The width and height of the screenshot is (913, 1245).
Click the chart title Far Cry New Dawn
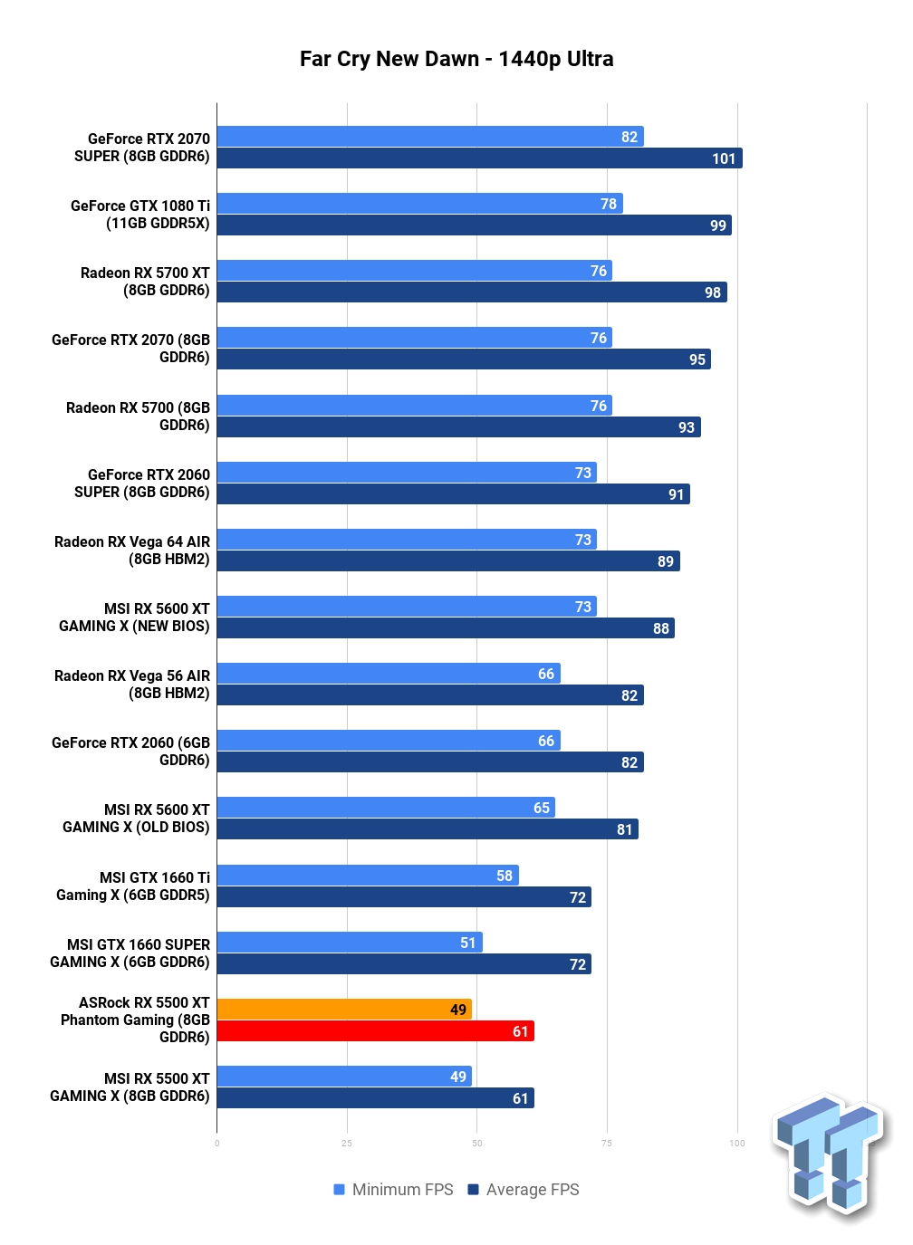[x=389, y=58]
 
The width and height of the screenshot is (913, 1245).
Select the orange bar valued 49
[x=344, y=1009]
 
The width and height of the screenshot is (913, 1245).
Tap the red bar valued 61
[x=375, y=1031]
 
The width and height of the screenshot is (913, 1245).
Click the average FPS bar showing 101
[x=479, y=158]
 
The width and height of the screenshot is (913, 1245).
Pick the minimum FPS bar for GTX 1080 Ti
[x=419, y=204]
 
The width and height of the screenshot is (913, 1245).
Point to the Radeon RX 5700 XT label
[x=145, y=282]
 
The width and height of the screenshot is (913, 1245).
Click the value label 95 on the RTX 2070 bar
[x=697, y=359]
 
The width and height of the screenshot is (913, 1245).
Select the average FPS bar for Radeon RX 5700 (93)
[x=458, y=426]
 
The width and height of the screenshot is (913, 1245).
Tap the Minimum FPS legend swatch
[x=339, y=1189]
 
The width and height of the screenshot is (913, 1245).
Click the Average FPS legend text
[x=532, y=1190]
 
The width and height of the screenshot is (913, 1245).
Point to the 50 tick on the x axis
[x=476, y=1143]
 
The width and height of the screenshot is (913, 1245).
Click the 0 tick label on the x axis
[x=216, y=1143]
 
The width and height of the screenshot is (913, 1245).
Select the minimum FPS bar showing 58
[x=368, y=875]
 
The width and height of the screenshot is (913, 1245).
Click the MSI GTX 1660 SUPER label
[x=130, y=953]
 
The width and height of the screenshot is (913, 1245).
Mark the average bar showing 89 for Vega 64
[x=448, y=560]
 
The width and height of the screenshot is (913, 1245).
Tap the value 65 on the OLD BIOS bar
[x=541, y=808]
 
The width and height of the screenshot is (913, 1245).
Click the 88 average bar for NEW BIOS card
[x=446, y=628]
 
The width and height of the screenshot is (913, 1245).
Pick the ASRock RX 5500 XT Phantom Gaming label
[x=135, y=1020]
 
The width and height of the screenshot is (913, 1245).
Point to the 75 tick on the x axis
[x=607, y=1143]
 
